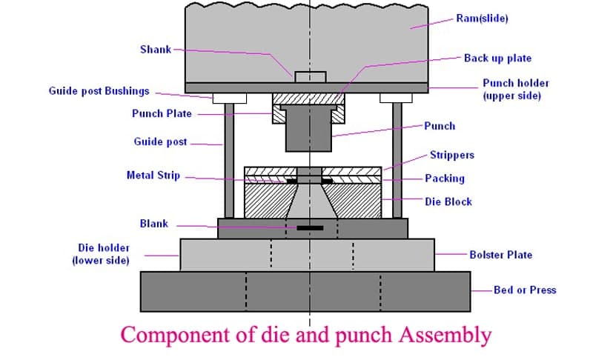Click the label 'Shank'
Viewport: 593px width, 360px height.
pos(155,50)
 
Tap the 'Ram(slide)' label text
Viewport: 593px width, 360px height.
pos(482,19)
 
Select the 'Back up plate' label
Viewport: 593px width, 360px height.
pos(497,58)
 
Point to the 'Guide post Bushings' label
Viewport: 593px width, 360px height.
pos(99,91)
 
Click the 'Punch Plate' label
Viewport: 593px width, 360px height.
pos(162,113)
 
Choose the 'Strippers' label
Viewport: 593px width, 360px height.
pos(451,156)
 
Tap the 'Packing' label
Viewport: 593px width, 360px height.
pos(445,179)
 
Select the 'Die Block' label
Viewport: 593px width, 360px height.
pos(448,201)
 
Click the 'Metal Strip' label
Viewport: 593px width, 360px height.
pos(153,176)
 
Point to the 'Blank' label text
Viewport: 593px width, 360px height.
pos(153,223)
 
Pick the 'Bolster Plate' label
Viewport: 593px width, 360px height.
pos(500,255)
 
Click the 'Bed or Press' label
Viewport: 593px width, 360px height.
pos(525,290)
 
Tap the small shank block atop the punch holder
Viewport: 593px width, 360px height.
pos(309,76)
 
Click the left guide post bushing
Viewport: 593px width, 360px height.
pos(229,98)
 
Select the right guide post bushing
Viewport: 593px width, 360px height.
pos(396,98)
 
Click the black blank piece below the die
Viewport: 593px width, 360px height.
pos(309,227)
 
